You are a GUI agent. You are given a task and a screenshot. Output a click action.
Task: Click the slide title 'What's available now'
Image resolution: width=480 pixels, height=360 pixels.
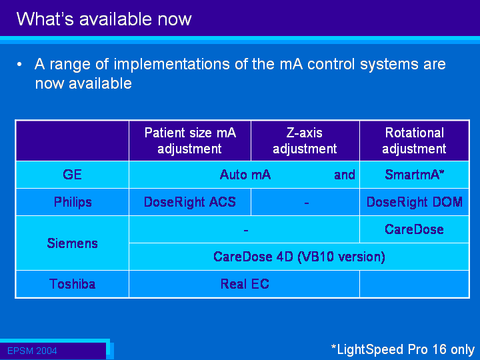[x=104, y=19]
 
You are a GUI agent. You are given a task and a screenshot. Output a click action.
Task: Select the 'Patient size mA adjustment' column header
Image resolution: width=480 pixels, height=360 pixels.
[x=190, y=141]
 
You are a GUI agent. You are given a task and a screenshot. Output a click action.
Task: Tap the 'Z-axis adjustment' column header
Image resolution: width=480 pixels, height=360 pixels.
[x=305, y=141]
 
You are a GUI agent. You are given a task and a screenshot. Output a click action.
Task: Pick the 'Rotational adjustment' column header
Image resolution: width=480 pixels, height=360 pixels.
[x=414, y=141]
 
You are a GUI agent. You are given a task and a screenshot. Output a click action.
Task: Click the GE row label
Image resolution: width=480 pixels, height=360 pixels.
[x=72, y=175]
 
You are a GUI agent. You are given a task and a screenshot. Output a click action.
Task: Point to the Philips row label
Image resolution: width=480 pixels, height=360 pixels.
[x=73, y=202]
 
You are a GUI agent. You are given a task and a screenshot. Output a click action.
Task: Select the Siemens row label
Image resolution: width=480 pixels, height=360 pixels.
[x=73, y=243]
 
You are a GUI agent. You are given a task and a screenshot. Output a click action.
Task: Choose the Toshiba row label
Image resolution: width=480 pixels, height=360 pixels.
[x=72, y=284]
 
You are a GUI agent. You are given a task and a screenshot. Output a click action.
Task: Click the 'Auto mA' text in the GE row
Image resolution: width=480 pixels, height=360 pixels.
[x=245, y=175]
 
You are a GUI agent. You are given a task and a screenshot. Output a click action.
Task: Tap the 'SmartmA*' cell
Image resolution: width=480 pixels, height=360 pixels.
[x=415, y=175]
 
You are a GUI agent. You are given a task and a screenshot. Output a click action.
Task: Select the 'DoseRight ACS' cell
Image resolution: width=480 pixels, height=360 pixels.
[x=190, y=202]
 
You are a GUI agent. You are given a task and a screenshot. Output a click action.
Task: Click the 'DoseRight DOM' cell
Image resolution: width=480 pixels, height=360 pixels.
[x=415, y=202]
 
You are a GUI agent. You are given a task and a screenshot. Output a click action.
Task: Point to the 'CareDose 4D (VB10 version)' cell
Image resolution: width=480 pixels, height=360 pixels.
[x=299, y=257]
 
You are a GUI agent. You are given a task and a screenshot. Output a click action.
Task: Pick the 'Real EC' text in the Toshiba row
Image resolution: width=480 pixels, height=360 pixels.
[x=245, y=284]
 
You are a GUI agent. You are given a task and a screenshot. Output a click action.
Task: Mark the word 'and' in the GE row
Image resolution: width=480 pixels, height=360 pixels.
[x=345, y=175]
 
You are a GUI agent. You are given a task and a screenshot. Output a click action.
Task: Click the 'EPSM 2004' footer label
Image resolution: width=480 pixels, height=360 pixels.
[x=32, y=351]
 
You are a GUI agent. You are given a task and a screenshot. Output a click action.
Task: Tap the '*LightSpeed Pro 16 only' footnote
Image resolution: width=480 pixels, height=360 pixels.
[x=403, y=349]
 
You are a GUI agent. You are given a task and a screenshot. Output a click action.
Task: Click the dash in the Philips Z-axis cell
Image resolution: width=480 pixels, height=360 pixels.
[x=307, y=203]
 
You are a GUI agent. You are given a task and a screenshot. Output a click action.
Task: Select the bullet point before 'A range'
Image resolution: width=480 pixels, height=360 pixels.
[x=19, y=65]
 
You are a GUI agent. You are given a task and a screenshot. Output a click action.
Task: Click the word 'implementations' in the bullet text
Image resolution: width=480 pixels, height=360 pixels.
[x=172, y=64]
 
